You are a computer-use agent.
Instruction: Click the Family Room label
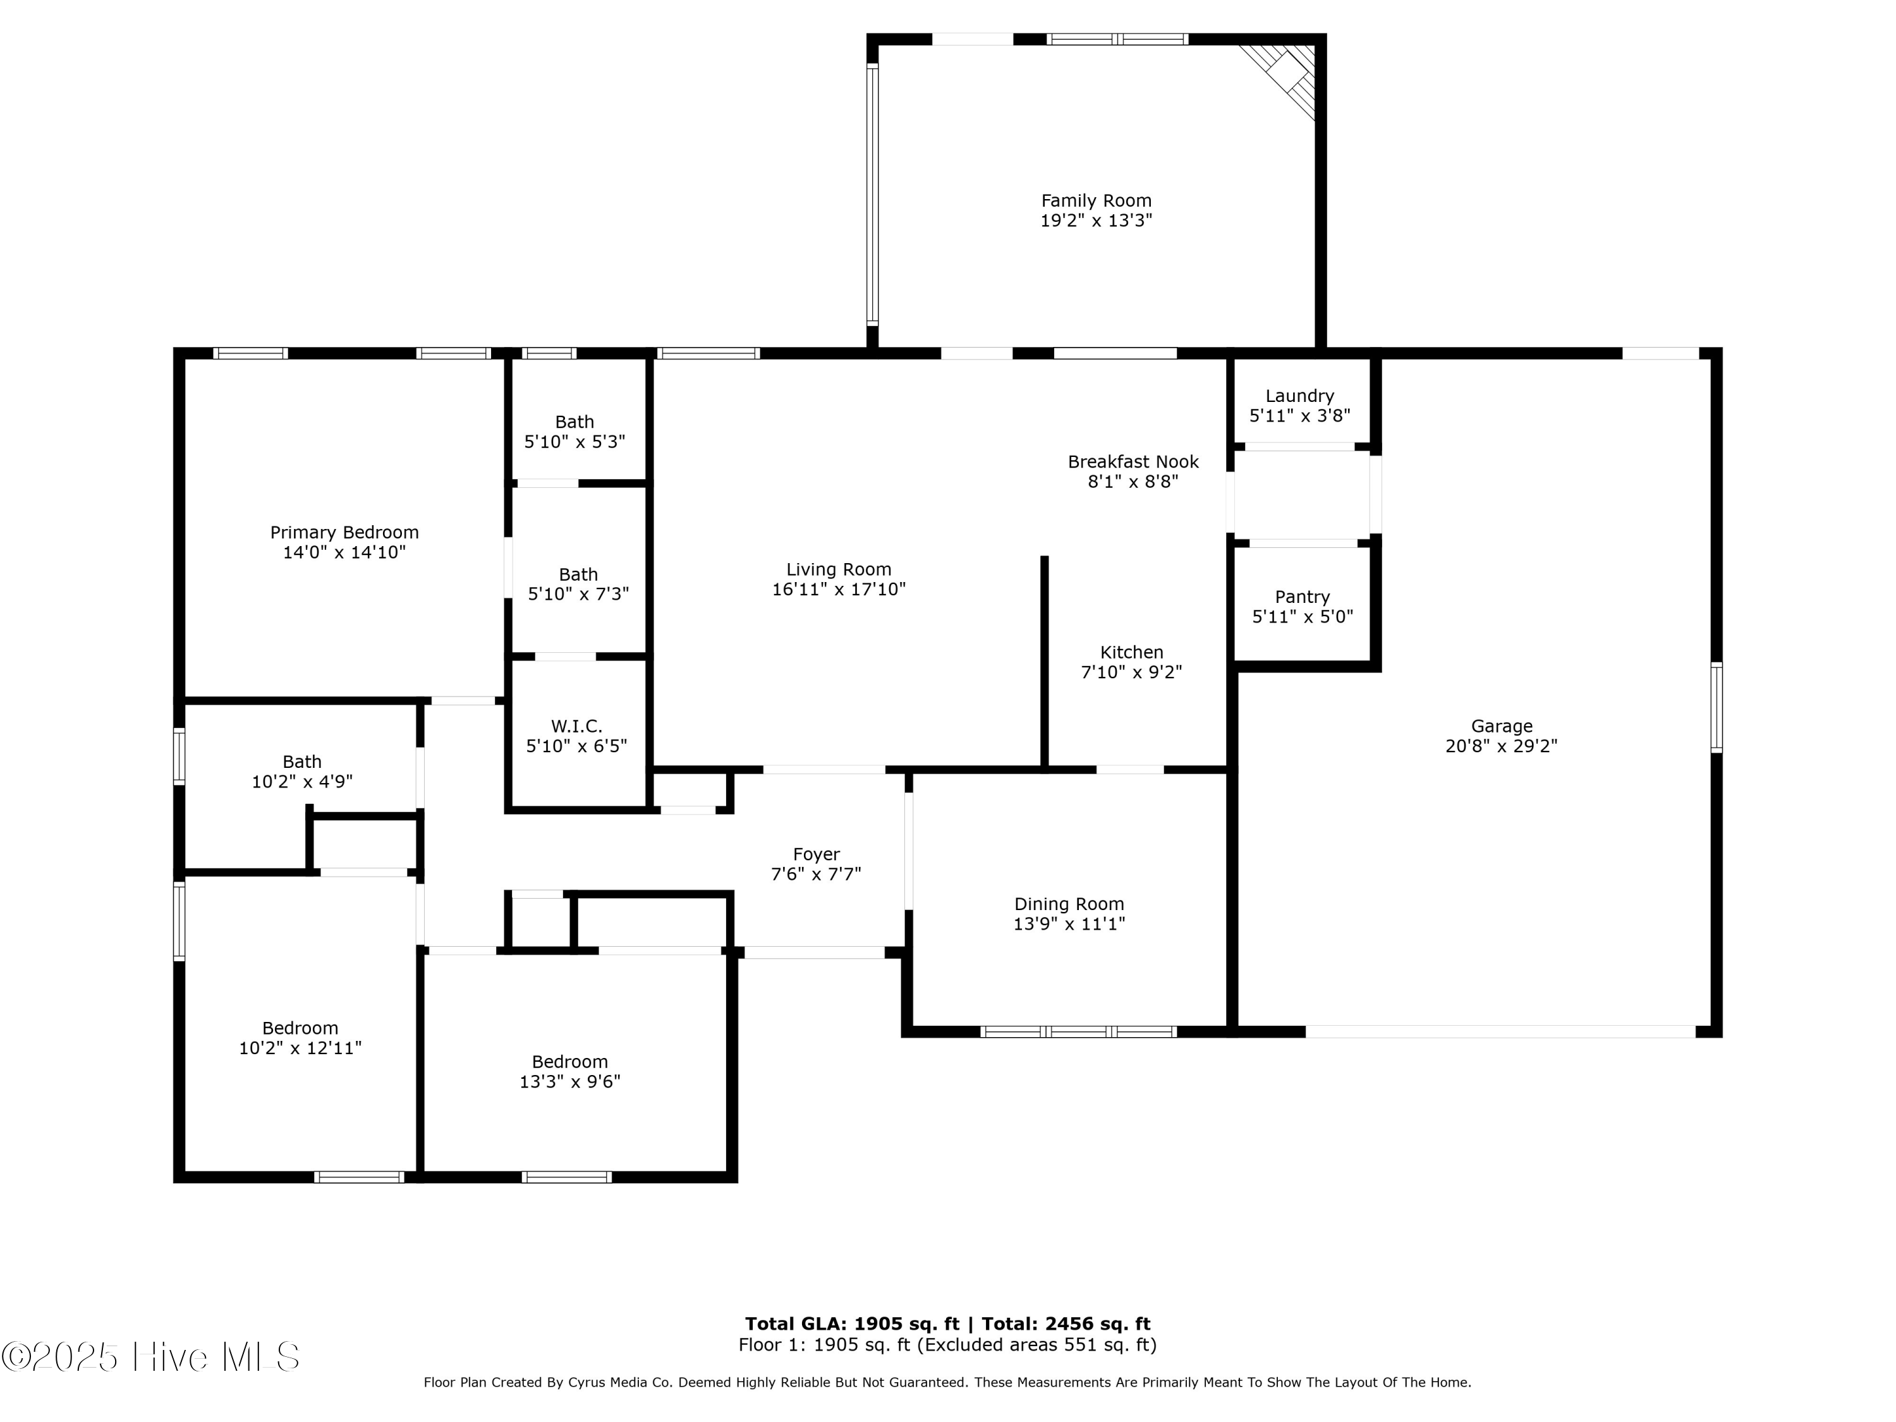tap(1097, 200)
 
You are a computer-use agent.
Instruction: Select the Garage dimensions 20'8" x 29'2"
tap(1501, 746)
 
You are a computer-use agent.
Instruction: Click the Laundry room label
tap(1299, 396)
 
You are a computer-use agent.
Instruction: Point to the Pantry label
tap(1302, 597)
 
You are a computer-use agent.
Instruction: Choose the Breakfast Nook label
tap(1133, 462)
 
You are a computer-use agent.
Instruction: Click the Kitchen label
tap(1131, 652)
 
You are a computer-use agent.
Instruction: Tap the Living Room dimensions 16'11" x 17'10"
tap(838, 590)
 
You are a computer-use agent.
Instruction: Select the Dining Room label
tap(1069, 904)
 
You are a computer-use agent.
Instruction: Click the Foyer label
tap(816, 854)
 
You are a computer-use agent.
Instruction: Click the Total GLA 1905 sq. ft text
tap(852, 1324)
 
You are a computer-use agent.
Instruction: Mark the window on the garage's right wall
tap(1717, 708)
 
